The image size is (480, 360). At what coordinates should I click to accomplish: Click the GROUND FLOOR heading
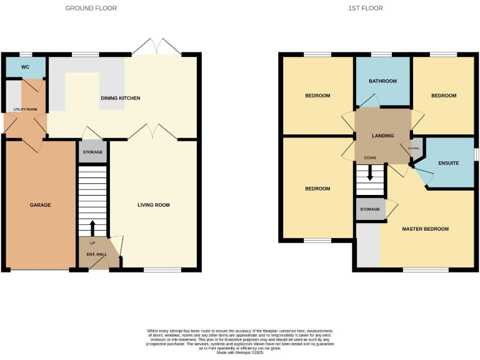click(91, 8)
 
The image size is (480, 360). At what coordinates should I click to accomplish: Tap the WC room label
click(25, 67)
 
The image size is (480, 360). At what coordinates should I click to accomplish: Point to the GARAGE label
click(41, 205)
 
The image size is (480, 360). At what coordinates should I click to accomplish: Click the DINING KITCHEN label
click(121, 98)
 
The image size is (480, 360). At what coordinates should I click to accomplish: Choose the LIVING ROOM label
click(154, 205)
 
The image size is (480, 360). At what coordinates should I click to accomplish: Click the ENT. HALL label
click(92, 254)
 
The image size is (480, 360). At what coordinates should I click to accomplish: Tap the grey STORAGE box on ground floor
click(92, 151)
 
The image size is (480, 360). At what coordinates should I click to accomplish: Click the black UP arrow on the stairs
click(92, 227)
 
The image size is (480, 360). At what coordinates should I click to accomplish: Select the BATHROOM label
click(382, 81)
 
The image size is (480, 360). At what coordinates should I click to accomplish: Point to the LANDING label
click(382, 136)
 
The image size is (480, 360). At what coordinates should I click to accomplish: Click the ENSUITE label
click(448, 163)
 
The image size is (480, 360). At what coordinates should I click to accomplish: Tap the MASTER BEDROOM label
click(425, 229)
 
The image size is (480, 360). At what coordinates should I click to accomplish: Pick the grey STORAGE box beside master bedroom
click(370, 209)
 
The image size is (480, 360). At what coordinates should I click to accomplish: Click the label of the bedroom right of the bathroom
click(444, 96)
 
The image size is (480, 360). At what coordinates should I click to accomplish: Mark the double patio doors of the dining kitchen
click(156, 47)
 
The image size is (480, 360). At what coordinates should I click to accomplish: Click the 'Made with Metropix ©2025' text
click(240, 353)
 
